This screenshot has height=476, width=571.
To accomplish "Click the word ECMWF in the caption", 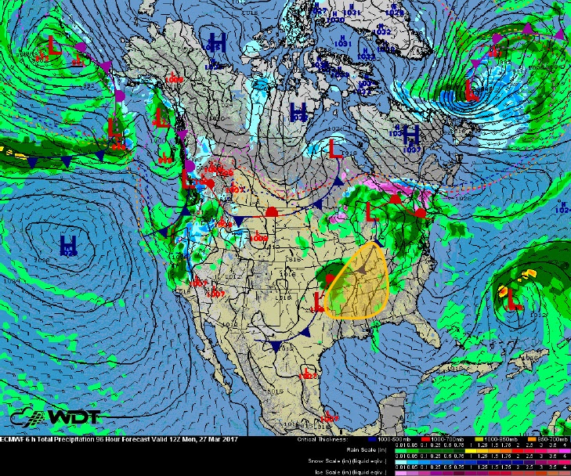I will pyautogui.click(x=15, y=439).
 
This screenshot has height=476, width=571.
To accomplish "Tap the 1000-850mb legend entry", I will pyautogui.click(x=498, y=439).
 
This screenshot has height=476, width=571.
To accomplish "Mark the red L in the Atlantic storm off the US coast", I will pyautogui.click(x=511, y=297).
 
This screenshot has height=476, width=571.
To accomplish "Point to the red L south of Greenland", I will pyautogui.click(x=472, y=89).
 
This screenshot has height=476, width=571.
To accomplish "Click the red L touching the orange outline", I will pyautogui.click(x=319, y=301).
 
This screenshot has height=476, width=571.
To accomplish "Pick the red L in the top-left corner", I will pyautogui.click(x=53, y=43).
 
